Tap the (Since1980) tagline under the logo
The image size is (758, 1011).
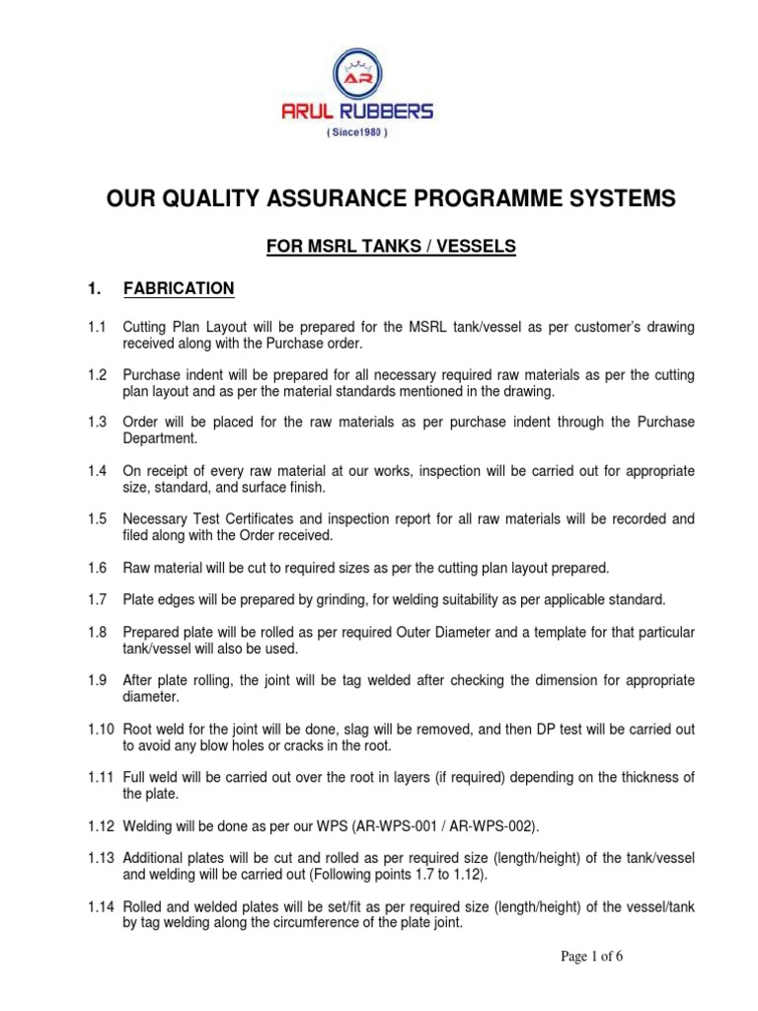378,134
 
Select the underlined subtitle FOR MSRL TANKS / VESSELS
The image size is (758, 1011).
392,246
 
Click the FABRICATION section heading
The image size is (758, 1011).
179,288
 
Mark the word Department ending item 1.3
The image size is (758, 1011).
160,439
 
